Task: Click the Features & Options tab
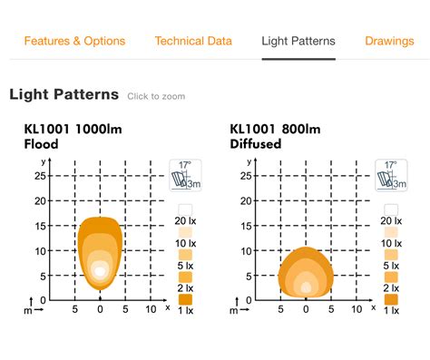tap(74, 41)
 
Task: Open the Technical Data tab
tap(193, 41)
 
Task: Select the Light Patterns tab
tap(298, 41)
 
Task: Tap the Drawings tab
tap(389, 41)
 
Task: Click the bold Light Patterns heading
tap(64, 94)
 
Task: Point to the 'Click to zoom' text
tap(156, 96)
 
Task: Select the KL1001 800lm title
tap(276, 129)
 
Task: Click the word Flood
tap(41, 144)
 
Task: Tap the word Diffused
tap(256, 144)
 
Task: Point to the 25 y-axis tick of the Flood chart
tap(40, 176)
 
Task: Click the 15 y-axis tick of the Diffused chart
tap(245, 225)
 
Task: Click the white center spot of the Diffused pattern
tap(307, 287)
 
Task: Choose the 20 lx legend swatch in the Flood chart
tap(185, 210)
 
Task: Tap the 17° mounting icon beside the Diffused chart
tap(390, 175)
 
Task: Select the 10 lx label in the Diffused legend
tap(391, 244)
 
